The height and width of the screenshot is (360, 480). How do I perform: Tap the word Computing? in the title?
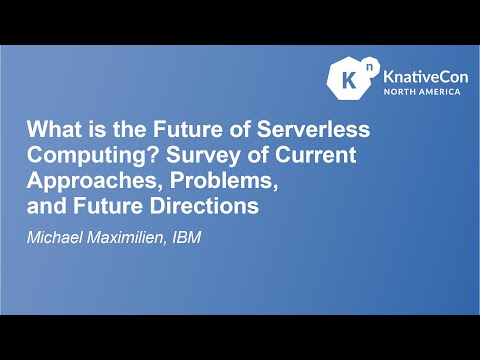77,156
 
